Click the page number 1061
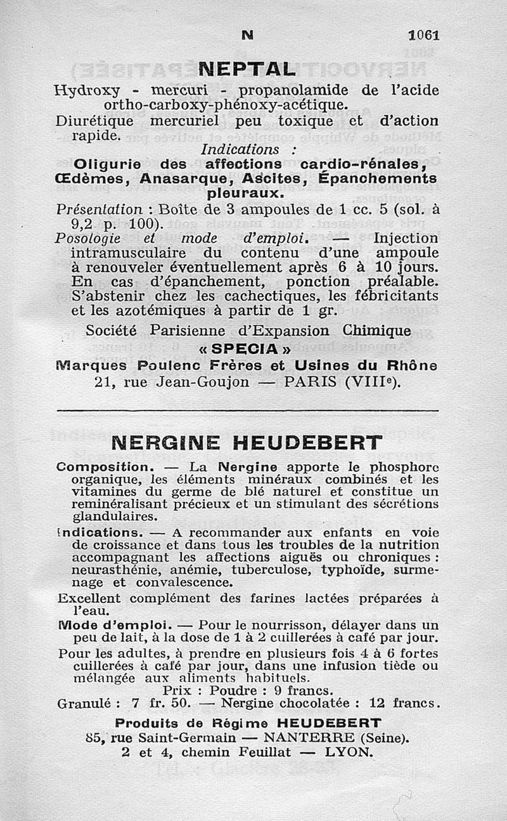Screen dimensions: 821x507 point(424,35)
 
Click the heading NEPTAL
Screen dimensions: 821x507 point(247,68)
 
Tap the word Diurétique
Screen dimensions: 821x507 point(94,121)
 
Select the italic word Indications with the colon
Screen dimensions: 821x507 point(249,150)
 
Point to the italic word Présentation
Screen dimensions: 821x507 point(99,209)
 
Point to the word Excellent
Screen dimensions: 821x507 point(89,598)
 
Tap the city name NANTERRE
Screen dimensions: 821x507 point(310,737)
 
